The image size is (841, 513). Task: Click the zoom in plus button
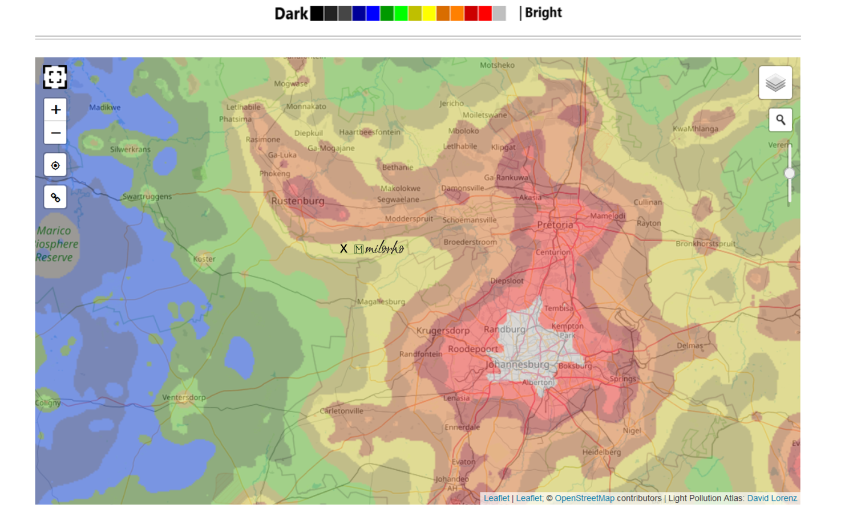55,109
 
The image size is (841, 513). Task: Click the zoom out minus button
55,133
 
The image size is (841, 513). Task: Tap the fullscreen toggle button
55,77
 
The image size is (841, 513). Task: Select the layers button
775,83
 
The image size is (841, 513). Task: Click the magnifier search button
780,120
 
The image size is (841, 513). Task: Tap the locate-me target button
55,165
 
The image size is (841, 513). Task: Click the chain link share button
55,198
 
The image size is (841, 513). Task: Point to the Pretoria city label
555,225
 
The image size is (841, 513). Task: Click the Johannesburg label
517,364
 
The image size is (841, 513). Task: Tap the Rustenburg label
297,201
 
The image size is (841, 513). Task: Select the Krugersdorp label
443,331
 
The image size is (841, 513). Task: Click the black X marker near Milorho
343,249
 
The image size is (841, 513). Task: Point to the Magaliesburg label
381,302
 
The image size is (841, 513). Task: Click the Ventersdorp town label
184,397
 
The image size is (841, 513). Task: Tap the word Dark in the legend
291,14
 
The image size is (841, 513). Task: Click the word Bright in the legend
543,13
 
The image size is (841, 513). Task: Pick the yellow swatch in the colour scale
429,14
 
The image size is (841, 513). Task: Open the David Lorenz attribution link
771,498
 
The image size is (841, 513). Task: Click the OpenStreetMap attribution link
584,498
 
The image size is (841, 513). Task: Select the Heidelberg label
601,452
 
